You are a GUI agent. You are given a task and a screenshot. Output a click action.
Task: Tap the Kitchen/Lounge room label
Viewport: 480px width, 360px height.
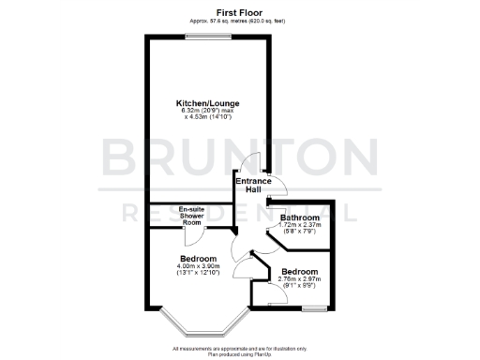203,103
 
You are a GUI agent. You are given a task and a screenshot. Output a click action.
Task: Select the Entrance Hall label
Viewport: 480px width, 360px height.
247,185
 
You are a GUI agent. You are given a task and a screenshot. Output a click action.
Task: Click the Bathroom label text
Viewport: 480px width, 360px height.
300,218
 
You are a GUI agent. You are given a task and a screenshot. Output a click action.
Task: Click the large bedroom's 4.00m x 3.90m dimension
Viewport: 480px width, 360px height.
198,266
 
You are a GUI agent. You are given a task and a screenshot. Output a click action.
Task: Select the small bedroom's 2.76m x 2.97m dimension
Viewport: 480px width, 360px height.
299,278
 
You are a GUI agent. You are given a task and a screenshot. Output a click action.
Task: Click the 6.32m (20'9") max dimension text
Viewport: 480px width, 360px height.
203,111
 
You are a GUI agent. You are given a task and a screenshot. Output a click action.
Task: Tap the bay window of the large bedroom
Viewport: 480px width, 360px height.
198,328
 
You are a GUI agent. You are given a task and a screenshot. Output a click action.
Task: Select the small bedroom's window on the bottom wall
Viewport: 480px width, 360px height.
315,307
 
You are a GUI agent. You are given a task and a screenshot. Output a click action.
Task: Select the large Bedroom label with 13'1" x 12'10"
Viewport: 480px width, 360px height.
198,259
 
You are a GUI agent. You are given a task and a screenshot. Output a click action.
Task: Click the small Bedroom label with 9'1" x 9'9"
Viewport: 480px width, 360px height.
299,271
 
